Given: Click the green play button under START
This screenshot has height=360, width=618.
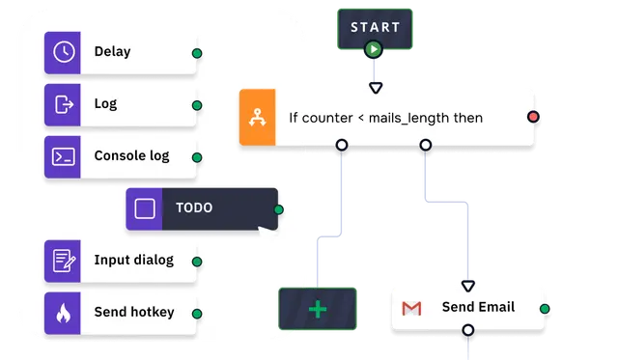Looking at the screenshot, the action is pos(374,49).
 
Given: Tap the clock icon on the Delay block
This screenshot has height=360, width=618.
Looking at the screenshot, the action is pos(64,52).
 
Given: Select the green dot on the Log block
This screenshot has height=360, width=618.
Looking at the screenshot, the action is pos(197,105).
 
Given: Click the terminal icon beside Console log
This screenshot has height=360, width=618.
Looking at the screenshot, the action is pos(64,156).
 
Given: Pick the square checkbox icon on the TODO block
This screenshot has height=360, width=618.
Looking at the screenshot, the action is pos(145,208).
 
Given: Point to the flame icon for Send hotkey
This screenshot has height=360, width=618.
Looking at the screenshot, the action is pos(63,314).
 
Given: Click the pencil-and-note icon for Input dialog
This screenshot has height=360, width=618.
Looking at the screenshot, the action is pos(64,261).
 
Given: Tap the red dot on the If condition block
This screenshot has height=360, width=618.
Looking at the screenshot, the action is pos(533,117).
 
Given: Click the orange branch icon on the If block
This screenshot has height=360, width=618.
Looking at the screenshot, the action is pos(258,118).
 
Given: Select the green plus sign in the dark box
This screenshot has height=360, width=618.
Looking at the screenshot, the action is pos(318,309).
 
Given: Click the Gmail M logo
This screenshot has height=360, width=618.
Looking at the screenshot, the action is pos(411,309).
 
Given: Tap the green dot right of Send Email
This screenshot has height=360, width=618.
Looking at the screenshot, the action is pos(545,309).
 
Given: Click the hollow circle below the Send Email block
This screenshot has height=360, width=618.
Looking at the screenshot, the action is pos(467,330).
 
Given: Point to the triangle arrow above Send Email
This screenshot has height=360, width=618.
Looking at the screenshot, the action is pos(467,286).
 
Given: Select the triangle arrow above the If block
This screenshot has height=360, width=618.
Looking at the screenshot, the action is pos(376,88).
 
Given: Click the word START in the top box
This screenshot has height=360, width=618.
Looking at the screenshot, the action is pos(376,27).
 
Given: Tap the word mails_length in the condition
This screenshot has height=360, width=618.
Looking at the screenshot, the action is pos(408,118).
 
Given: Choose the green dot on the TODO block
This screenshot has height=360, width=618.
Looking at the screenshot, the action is pos(279,209).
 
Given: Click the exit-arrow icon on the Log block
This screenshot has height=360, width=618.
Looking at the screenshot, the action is pos(64,104).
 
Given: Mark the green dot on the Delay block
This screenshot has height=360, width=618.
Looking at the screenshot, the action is pos(197,53).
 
